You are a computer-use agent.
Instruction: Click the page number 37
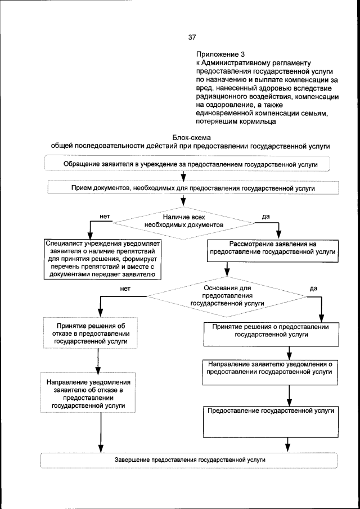192,38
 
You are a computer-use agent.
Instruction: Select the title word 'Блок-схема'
190,137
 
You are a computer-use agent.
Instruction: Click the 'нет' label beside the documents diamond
104,215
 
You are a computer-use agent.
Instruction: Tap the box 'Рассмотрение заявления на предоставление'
272,249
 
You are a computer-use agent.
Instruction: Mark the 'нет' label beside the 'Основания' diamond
125,288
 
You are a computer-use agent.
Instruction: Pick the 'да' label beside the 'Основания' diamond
313,288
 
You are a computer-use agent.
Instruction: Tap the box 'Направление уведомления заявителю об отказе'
88,393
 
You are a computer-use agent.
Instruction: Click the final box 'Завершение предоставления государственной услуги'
190,460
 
